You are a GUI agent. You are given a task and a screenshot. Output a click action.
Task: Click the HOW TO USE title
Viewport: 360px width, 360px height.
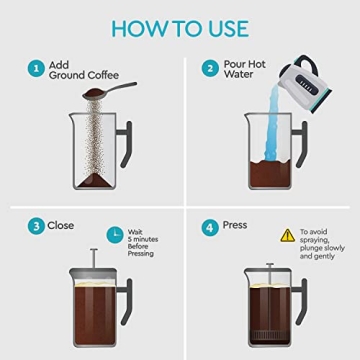[180, 26]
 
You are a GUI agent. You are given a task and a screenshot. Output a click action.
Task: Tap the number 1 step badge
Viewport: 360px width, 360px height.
[36, 70]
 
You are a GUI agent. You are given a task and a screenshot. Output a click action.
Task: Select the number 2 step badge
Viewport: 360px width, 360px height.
[211, 70]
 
